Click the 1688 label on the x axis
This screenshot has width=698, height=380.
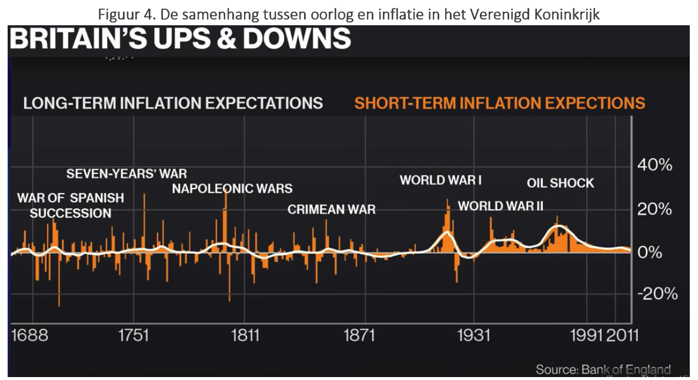click(30, 335)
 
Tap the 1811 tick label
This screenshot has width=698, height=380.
click(245, 335)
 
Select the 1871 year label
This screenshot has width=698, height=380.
click(359, 335)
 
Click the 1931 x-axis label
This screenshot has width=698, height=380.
click(474, 335)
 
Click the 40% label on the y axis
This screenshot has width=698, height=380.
click(654, 165)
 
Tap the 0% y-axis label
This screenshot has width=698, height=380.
click(649, 253)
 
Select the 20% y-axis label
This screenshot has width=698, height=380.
click(654, 209)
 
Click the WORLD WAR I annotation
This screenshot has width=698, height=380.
click(440, 180)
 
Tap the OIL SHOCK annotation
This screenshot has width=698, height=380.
click(560, 183)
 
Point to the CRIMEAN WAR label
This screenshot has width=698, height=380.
click(331, 210)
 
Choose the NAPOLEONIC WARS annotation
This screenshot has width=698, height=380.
click(232, 189)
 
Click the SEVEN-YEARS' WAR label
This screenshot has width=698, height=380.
click(126, 174)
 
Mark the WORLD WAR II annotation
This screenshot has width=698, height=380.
click(501, 206)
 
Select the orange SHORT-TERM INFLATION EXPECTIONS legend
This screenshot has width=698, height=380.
click(500, 103)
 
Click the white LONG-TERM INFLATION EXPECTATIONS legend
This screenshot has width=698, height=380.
click(173, 103)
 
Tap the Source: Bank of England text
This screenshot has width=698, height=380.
click(603, 369)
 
